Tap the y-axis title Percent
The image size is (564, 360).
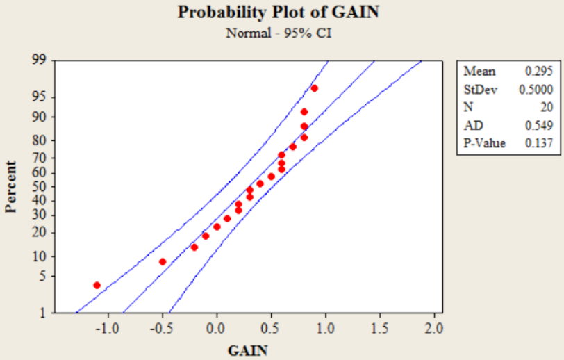[12, 186]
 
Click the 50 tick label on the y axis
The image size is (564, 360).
[39, 186]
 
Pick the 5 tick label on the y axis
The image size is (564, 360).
[42, 276]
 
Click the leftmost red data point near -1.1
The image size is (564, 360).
[97, 285]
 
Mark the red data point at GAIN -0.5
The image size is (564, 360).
[163, 261]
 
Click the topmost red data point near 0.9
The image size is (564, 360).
[315, 88]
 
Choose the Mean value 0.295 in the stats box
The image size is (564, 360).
[540, 72]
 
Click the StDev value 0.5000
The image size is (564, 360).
[537, 90]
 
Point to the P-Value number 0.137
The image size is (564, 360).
[540, 144]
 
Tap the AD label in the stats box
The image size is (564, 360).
[471, 126]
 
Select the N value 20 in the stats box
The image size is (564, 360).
[547, 108]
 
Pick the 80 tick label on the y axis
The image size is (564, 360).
[39, 140]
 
